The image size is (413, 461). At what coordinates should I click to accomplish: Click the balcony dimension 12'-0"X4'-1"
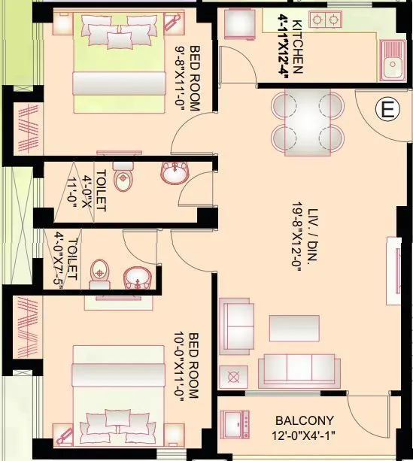(x=304, y=435)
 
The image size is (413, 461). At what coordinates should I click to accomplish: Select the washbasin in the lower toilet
(x=138, y=277)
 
